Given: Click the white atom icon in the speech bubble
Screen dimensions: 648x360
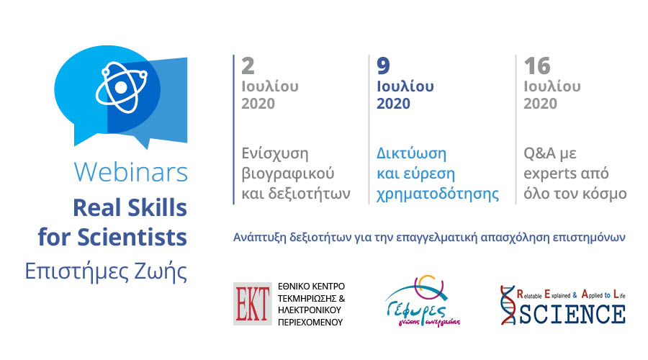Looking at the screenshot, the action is [121, 87].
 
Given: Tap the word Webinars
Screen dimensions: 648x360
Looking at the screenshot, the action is [130, 172].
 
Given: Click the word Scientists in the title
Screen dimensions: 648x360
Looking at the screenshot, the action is [132, 237].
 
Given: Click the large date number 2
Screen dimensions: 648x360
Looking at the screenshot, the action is [248, 66].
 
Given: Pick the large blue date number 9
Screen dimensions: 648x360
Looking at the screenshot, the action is [383, 66].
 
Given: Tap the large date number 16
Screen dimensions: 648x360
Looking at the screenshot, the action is [537, 66].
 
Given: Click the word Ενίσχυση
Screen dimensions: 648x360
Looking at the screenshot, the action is [275, 154].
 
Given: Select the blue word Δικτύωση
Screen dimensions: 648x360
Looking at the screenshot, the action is [411, 154].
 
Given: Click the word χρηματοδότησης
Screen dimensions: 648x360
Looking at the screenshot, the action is [438, 194].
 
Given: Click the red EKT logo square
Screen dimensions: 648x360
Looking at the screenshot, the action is [253, 304].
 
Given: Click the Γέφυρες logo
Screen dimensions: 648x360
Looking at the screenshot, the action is [423, 300].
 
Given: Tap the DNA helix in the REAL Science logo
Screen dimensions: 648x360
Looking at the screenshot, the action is [508, 305].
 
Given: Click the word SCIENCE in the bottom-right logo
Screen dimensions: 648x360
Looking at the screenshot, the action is [572, 314].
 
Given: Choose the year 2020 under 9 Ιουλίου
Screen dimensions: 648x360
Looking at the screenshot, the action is [393, 104].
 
